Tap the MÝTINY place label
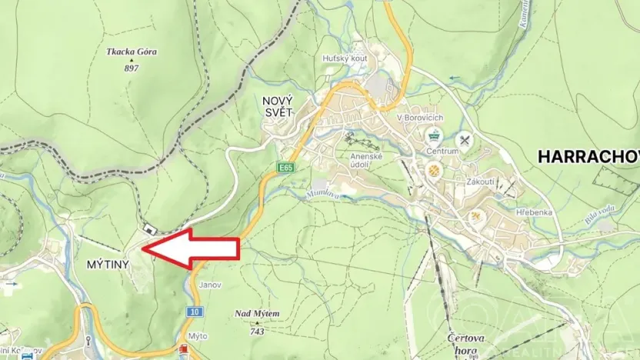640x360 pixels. (x=105, y=264)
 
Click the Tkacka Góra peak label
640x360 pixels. (x=132, y=52)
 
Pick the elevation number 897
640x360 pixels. (x=132, y=68)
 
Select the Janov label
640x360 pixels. (x=210, y=285)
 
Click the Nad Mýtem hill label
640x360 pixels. (x=258, y=314)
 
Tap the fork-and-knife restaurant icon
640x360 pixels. (x=464, y=140)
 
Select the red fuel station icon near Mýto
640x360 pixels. (x=184, y=352)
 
